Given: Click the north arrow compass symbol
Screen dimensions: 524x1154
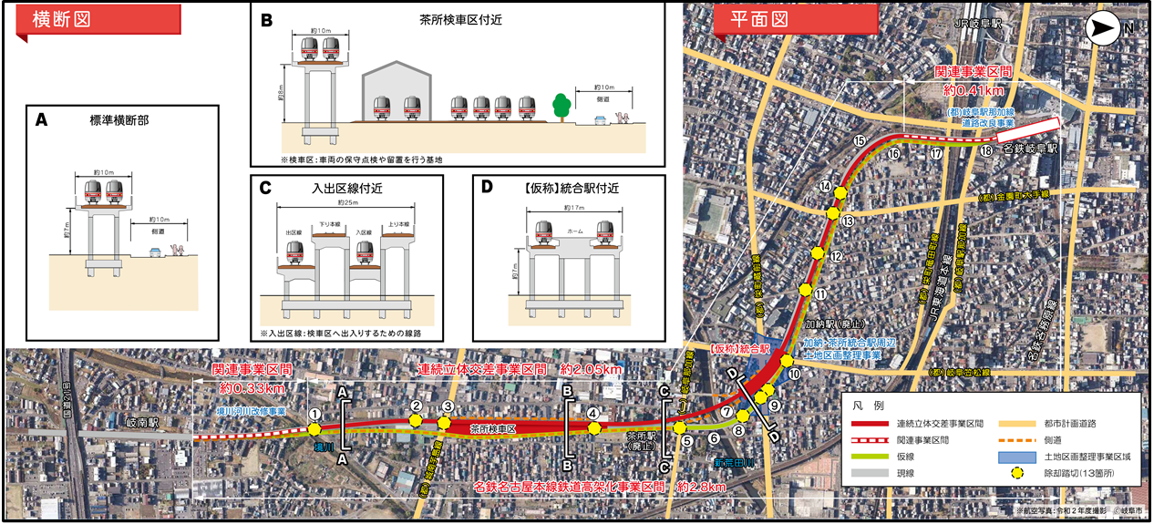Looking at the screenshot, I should [1107, 29].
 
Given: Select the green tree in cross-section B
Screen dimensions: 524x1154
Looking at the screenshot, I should [562, 106].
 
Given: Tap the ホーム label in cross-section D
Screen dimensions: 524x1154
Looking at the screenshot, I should [572, 232].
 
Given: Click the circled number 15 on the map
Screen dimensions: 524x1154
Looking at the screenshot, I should [859, 140].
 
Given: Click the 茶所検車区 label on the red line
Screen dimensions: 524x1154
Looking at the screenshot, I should [493, 427].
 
